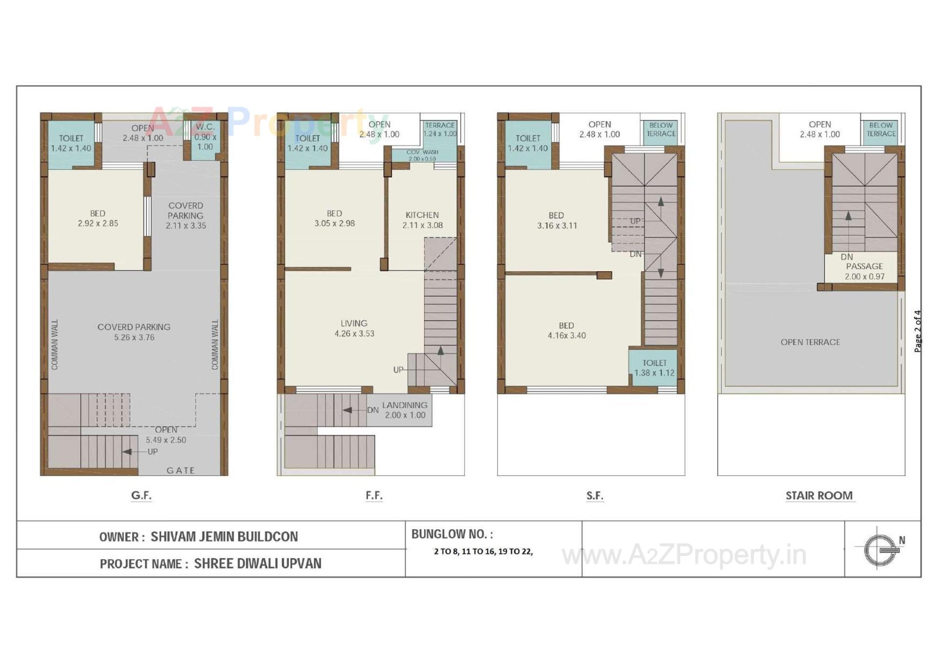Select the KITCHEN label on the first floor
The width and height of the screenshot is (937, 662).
coord(422,215)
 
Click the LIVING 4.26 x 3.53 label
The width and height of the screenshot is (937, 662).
coord(354,328)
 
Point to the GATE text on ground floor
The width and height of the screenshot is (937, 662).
coord(181,470)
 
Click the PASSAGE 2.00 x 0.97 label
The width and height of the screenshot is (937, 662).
coord(864,271)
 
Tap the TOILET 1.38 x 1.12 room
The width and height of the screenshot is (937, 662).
coord(654,368)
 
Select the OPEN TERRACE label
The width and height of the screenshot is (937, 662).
coord(810,342)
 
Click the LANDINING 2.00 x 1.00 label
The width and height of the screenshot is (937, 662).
coord(405,410)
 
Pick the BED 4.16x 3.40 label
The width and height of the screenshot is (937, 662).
coord(566,330)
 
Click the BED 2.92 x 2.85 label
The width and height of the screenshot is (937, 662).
coord(98,218)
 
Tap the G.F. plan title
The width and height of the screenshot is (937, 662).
coord(141,495)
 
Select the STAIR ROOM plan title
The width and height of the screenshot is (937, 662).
coord(819,495)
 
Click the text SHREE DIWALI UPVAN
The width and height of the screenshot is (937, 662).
coord(258,563)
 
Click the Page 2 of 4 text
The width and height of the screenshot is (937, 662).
coord(917,331)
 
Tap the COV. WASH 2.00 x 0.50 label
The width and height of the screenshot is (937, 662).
coord(423,155)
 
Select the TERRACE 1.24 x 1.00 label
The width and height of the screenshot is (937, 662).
coord(440,129)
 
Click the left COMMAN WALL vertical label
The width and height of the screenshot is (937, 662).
coord(55,344)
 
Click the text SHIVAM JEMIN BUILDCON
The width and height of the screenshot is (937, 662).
coord(224,537)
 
